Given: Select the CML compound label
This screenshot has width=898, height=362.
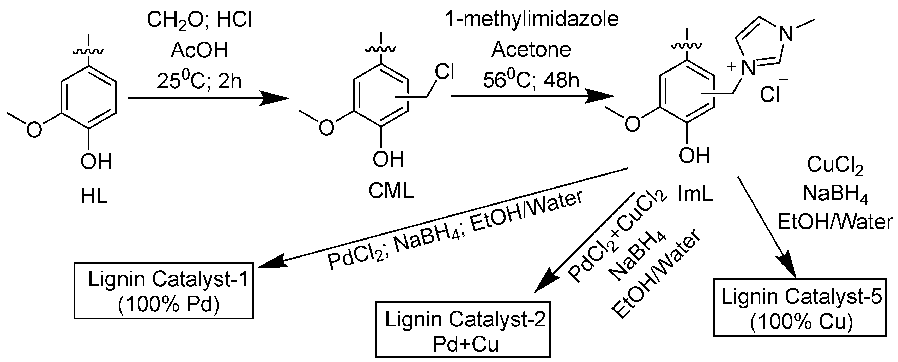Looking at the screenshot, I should tap(391, 191).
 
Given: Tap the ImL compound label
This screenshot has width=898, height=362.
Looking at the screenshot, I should tap(695, 195).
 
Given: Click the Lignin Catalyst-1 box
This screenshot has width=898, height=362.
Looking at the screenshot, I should tap(163, 293).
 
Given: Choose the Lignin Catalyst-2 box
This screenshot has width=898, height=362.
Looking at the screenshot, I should tap(463, 330).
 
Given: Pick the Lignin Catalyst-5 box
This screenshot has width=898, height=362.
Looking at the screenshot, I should tap(800, 307).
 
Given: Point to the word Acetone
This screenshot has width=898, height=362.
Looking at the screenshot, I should tap(531, 50).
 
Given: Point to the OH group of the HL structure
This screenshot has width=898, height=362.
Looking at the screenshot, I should tap(96, 162).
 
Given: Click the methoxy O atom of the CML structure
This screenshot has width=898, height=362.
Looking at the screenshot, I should tap(326, 127).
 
